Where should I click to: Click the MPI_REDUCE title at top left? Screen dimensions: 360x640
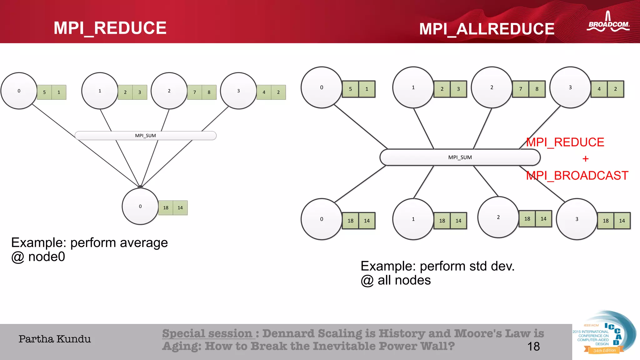110,28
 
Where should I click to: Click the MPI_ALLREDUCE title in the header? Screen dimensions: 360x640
487,29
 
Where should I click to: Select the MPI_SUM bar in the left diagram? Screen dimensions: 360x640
145,136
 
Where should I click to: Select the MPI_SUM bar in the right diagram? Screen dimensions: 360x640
460,157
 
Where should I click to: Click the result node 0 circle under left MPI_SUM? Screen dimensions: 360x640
140,206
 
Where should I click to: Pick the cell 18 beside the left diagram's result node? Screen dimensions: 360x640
166,208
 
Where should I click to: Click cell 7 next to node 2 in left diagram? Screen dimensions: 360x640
195,92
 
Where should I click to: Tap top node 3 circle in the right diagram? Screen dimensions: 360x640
570,87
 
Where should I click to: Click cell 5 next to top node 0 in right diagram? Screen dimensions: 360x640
350,89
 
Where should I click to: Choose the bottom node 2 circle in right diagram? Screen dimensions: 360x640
498,217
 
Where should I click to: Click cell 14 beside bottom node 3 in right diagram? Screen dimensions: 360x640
622,221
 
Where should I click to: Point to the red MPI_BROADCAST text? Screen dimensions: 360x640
577,176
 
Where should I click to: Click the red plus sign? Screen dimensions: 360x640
585,159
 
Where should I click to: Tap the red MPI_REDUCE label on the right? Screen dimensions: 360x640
565,142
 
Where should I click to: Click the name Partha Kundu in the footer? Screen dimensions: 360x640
55,339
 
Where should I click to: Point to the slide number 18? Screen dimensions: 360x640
533,347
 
